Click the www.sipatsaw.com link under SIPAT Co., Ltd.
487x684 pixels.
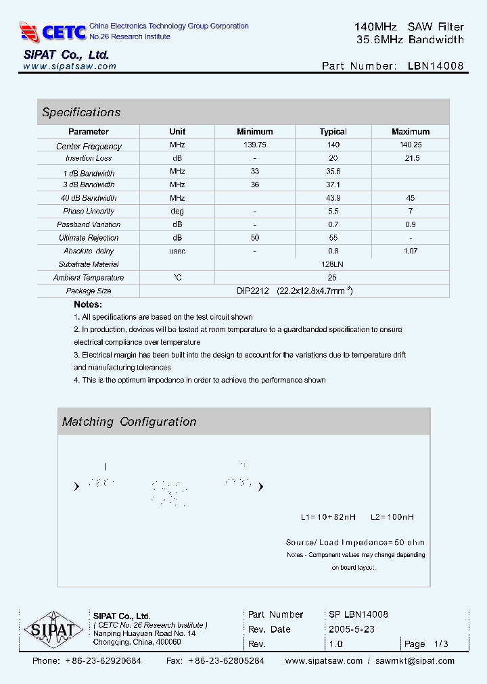point(70,66)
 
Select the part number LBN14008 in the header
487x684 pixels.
point(436,66)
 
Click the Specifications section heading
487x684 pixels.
point(81,112)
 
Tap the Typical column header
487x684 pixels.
point(333,132)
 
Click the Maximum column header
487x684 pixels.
point(411,132)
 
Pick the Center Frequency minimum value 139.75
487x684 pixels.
point(255,145)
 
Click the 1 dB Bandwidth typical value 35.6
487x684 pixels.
point(333,172)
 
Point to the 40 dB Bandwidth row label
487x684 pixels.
point(89,198)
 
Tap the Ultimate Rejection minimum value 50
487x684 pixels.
point(255,238)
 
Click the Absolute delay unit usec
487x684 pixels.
point(177,251)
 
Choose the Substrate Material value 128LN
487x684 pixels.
point(333,264)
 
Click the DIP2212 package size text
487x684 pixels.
point(252,291)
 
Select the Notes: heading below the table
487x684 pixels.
point(87,305)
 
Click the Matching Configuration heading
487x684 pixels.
point(129,422)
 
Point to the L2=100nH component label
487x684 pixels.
point(392,517)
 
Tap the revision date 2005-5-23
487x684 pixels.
point(352,629)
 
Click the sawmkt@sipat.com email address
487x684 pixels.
point(415,661)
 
